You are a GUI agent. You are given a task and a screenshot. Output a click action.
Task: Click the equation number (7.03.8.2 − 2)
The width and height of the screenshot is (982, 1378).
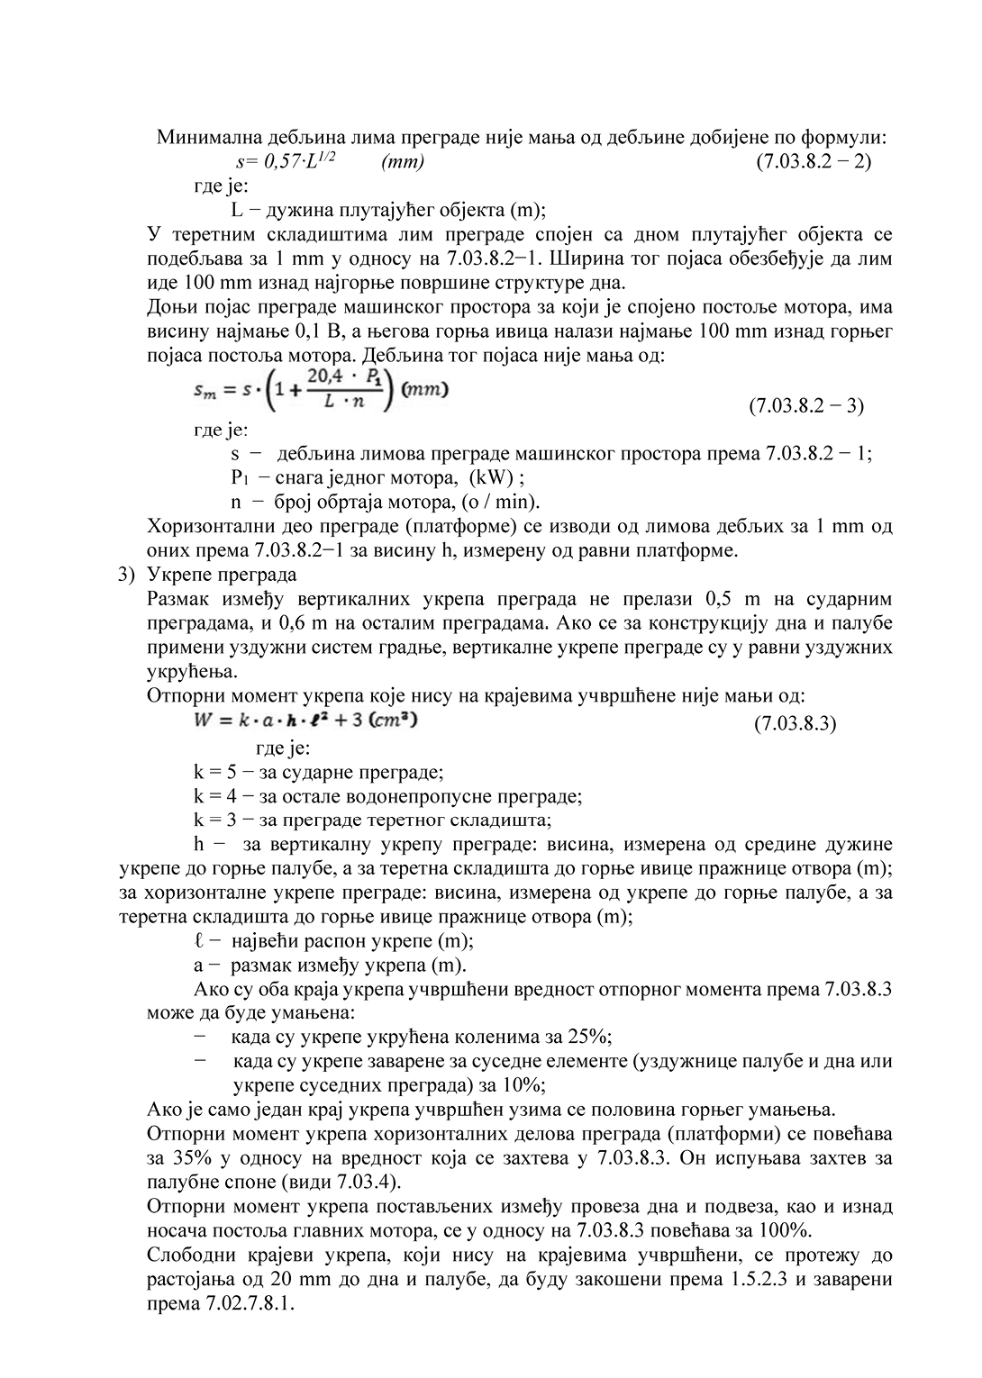813,162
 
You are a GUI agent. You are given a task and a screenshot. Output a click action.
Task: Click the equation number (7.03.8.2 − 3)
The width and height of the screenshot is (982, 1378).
806,405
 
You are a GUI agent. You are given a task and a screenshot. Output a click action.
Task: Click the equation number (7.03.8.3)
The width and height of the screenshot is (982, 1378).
794,723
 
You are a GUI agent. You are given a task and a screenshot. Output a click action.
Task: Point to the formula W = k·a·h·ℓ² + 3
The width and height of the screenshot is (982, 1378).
305,721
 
